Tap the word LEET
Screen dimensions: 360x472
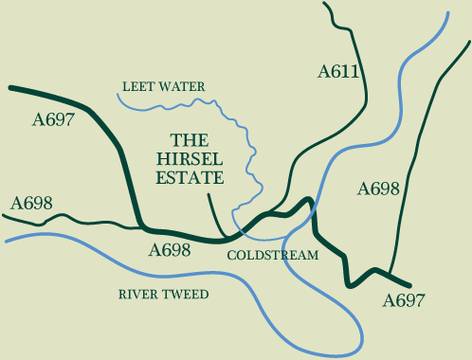pos(137,87)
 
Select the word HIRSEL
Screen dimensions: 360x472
pos(190,158)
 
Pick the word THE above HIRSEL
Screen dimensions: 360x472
pos(190,139)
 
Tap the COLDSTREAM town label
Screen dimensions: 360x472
pos(273,256)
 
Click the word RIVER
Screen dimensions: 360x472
pos(138,295)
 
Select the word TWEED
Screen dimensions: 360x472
pos(186,295)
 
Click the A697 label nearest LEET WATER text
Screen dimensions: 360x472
pos(53,119)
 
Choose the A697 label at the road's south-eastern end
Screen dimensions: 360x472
pos(404,301)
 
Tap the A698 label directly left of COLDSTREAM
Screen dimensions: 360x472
pos(171,251)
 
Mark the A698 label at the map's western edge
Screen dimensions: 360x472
pos(30,204)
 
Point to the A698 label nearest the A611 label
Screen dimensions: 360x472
pos(380,189)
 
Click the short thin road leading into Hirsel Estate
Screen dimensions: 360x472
pos(213,212)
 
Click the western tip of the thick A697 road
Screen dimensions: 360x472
pos(10,88)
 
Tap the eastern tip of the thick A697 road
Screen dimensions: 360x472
pos(411,285)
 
